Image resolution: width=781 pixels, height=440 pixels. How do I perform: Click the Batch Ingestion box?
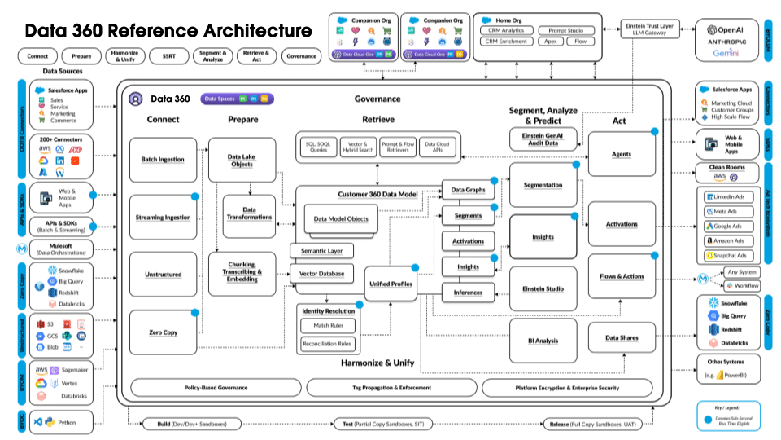(x=163, y=160)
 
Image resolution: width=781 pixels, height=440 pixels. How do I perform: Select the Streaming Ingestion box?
(x=163, y=218)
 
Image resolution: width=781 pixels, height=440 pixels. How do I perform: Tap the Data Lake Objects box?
(x=242, y=160)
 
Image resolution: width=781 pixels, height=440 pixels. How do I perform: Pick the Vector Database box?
(x=321, y=274)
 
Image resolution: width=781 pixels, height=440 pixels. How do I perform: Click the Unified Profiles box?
(x=391, y=284)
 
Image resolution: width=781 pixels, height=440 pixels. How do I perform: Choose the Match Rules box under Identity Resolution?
(x=328, y=326)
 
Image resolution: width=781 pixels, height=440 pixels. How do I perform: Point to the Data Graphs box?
(x=467, y=190)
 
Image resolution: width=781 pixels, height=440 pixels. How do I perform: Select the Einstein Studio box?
(x=543, y=288)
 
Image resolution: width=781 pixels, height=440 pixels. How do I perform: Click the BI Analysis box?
(x=543, y=341)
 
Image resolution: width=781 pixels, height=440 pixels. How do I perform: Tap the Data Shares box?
(x=622, y=337)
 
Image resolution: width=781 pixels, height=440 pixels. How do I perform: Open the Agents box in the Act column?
(x=622, y=154)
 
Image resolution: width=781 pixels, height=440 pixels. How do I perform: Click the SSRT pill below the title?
(x=168, y=56)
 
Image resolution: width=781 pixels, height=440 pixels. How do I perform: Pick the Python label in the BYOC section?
(x=67, y=422)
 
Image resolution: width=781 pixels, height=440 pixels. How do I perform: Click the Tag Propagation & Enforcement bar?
(x=391, y=388)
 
